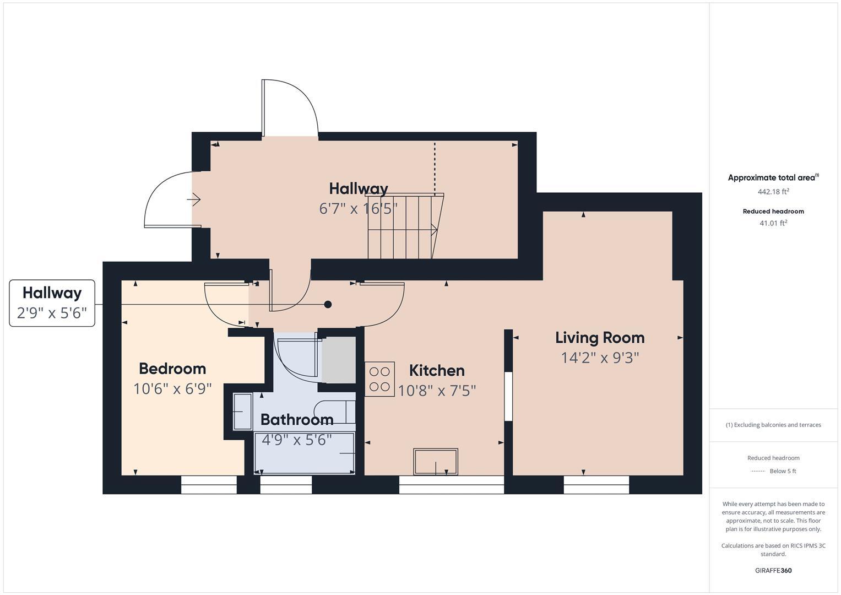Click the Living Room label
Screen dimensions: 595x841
coord(599,338)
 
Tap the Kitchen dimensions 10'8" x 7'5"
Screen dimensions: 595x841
coord(437,391)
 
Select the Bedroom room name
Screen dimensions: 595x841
coord(172,369)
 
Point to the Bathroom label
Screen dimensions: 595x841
coord(297,420)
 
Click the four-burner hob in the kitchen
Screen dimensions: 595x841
coord(379,379)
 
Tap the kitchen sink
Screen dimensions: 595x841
coord(436,462)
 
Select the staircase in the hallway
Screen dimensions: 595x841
coord(405,226)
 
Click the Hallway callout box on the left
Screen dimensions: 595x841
coord(52,303)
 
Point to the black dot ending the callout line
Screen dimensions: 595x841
coord(328,304)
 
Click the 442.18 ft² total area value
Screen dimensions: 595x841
coord(773,192)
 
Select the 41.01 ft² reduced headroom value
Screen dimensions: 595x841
coord(773,223)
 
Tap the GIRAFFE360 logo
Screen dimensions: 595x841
coord(773,570)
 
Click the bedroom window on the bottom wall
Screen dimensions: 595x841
coord(209,485)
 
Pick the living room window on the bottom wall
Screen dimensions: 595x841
coord(596,485)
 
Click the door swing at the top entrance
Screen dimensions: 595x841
coord(291,108)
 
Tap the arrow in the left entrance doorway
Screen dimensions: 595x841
coord(193,199)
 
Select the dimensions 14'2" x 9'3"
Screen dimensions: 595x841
coord(599,358)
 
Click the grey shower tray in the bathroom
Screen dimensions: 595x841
coord(338,359)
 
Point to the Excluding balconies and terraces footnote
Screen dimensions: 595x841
coord(773,425)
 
